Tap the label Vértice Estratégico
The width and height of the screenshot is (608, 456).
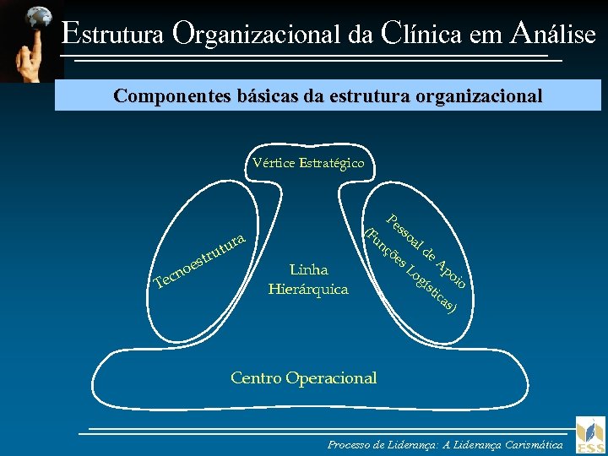(x=308, y=162)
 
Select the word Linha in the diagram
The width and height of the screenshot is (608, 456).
(x=308, y=270)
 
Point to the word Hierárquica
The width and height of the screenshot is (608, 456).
(x=308, y=289)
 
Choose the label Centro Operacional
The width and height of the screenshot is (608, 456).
(x=303, y=377)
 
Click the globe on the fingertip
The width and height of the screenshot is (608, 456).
(x=38, y=17)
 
